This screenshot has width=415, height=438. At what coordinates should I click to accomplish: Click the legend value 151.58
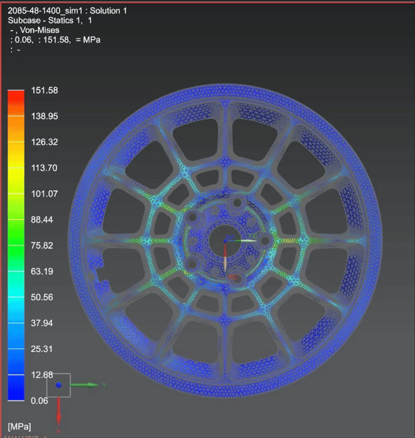[44, 90]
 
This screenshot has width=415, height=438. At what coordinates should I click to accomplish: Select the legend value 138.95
[44, 116]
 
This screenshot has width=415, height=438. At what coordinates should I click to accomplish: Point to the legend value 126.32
[44, 142]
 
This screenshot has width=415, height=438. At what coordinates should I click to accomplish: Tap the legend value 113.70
[44, 168]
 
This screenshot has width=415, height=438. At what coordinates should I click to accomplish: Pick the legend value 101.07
[44, 194]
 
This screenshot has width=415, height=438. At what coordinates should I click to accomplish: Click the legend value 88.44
[42, 220]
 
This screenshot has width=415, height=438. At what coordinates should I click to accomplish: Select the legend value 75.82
[42, 245]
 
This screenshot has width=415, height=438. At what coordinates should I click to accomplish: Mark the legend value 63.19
[42, 271]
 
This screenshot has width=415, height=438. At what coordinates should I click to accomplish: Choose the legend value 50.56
[42, 297]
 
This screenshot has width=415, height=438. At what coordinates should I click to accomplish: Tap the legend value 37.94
[42, 323]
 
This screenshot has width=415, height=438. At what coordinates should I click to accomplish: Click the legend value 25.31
[42, 349]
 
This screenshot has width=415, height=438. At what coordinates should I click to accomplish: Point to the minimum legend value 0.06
[39, 401]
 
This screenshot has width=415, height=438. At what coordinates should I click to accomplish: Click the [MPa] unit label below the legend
[20, 427]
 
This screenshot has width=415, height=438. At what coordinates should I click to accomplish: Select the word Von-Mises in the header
[39, 30]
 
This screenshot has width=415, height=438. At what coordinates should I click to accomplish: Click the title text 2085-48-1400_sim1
[45, 11]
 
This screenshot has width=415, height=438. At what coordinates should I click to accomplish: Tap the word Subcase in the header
[24, 20]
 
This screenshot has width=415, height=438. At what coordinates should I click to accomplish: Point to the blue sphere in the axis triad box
[59, 385]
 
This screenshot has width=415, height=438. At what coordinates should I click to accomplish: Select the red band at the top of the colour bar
[16, 94]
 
